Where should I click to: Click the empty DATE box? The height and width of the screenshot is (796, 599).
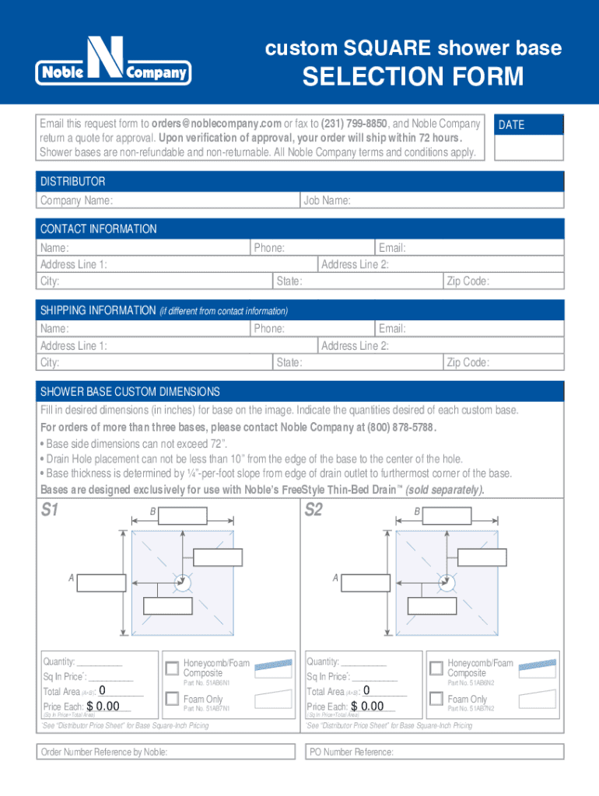528,146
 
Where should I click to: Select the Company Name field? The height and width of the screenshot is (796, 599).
206,201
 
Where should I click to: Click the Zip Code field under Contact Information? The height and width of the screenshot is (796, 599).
525,281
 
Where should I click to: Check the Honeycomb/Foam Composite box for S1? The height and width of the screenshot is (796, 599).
171,668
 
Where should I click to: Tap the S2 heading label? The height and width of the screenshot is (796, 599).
314,511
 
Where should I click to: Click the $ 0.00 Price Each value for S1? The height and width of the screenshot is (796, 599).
103,706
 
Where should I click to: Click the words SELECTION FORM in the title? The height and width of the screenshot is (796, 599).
412,77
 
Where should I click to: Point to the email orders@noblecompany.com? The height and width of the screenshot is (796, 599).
216,124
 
